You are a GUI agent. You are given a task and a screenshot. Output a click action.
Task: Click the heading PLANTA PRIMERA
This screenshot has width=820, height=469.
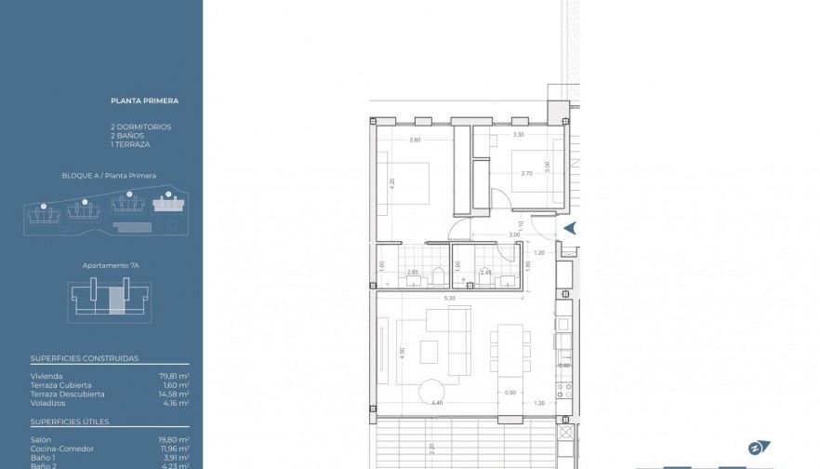tap(144, 101)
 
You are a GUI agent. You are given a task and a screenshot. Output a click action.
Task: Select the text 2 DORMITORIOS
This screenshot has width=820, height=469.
tap(140, 127)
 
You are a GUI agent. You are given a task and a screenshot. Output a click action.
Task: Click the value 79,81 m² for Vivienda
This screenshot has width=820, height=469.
tap(174, 375)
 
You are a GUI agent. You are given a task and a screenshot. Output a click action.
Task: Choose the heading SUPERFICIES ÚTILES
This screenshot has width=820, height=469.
tap(70, 422)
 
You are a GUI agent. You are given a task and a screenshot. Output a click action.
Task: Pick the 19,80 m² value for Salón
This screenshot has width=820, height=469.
tap(174, 439)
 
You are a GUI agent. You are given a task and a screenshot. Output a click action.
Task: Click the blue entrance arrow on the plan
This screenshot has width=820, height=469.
tap(570, 228)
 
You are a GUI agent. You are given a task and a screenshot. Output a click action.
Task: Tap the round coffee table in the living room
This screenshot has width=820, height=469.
tap(430, 392)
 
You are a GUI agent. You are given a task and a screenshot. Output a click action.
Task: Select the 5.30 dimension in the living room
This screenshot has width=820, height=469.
tap(450, 299)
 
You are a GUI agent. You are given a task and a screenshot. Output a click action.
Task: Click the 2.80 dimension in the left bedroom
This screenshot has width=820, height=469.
tap(416, 141)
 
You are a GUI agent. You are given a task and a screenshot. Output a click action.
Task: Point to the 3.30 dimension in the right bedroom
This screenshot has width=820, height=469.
tap(518, 136)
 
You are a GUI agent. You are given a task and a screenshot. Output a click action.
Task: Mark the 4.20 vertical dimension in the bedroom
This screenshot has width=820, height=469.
tap(393, 183)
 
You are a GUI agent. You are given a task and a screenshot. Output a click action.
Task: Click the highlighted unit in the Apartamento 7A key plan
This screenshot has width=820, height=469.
tap(116, 301)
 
